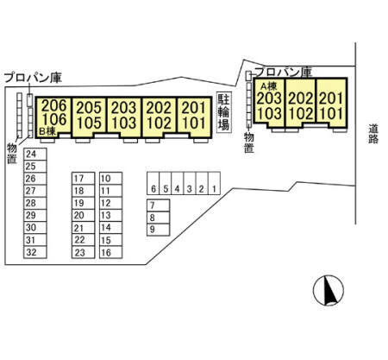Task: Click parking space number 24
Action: tap(35, 154)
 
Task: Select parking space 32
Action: tap(35, 252)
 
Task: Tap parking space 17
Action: tap(83, 179)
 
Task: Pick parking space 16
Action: tap(110, 252)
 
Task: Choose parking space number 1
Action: tap(214, 183)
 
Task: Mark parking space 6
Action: tap(153, 183)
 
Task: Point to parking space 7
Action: tap(158, 205)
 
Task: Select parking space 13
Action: tap(110, 215)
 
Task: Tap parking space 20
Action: tap(83, 215)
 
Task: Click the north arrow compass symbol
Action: tap(329, 290)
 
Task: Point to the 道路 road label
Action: tap(373, 134)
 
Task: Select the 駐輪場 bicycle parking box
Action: tap(224, 112)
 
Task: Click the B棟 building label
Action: tap(47, 132)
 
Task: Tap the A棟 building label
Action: tap(268, 86)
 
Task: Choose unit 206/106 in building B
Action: tap(53, 117)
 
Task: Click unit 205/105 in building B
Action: tap(89, 117)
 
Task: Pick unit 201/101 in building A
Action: tap(331, 102)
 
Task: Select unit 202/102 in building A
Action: tap(300, 102)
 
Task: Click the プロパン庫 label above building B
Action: tap(33, 78)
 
